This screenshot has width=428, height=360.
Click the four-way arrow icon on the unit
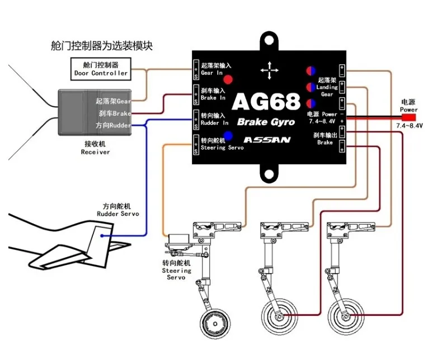pos(270,70)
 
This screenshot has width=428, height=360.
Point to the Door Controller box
pos(101,69)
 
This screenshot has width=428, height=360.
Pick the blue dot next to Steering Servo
pos(229,135)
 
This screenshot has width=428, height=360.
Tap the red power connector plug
pos(408,118)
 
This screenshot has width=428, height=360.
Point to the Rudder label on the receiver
pos(115,126)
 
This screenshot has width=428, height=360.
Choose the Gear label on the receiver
pos(116,101)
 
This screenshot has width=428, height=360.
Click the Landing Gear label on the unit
pos(327,87)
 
